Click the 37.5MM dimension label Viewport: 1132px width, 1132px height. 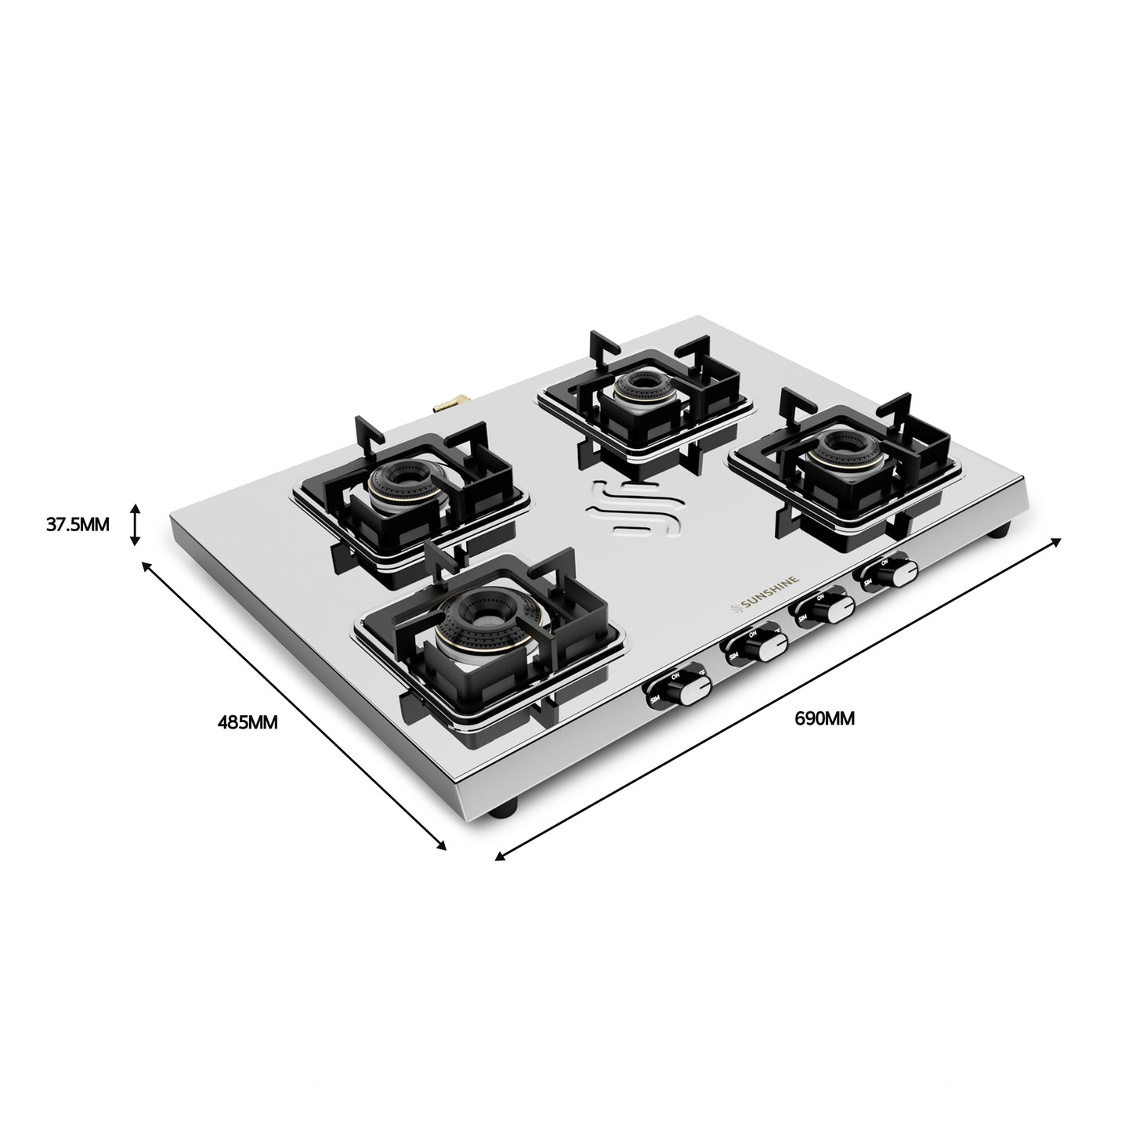(x=78, y=524)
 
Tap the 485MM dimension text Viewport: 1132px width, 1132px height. (x=247, y=722)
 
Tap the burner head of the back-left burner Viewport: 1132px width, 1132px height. (x=407, y=486)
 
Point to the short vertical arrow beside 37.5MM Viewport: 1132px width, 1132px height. (x=136, y=524)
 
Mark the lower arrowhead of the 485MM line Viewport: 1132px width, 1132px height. (x=442, y=845)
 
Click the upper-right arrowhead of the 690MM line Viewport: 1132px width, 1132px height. (x=1057, y=541)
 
